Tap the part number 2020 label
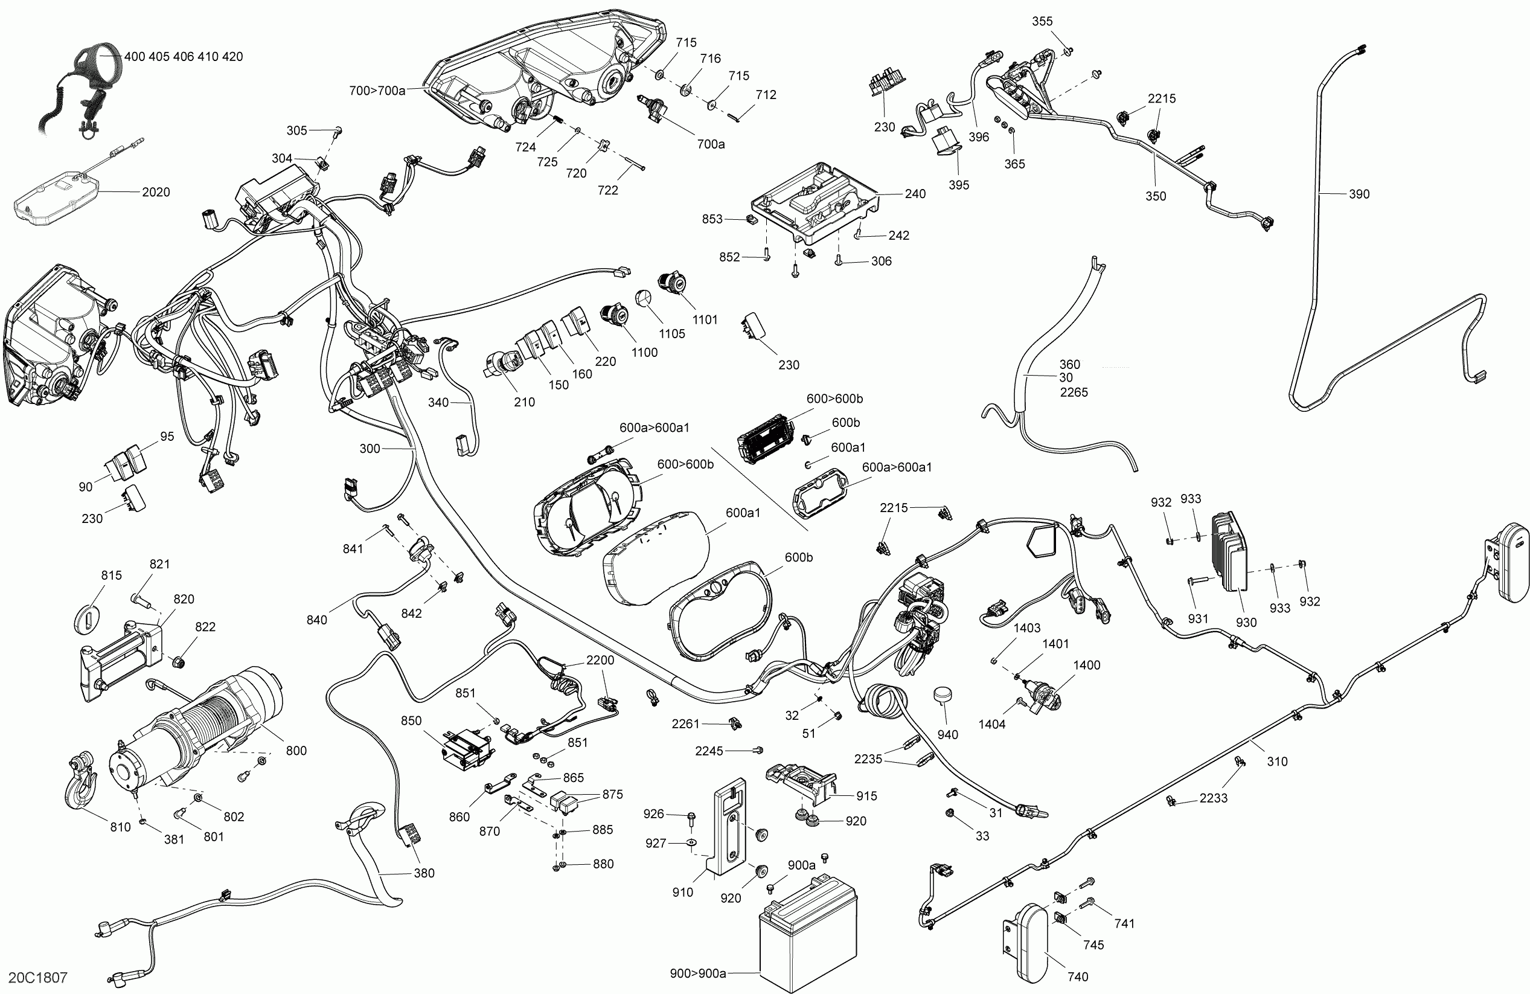[x=156, y=191]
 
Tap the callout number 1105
[x=672, y=334]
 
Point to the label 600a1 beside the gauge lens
[x=743, y=513]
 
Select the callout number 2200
[x=600, y=659]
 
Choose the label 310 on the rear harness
[x=1277, y=762]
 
